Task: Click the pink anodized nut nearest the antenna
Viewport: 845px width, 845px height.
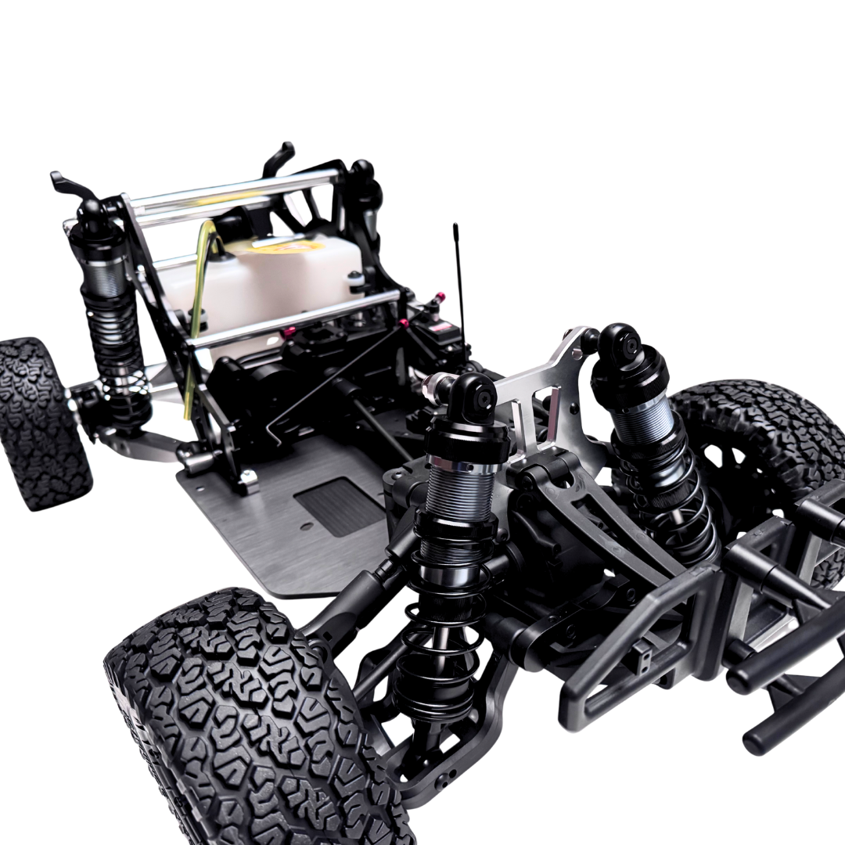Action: (x=440, y=297)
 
